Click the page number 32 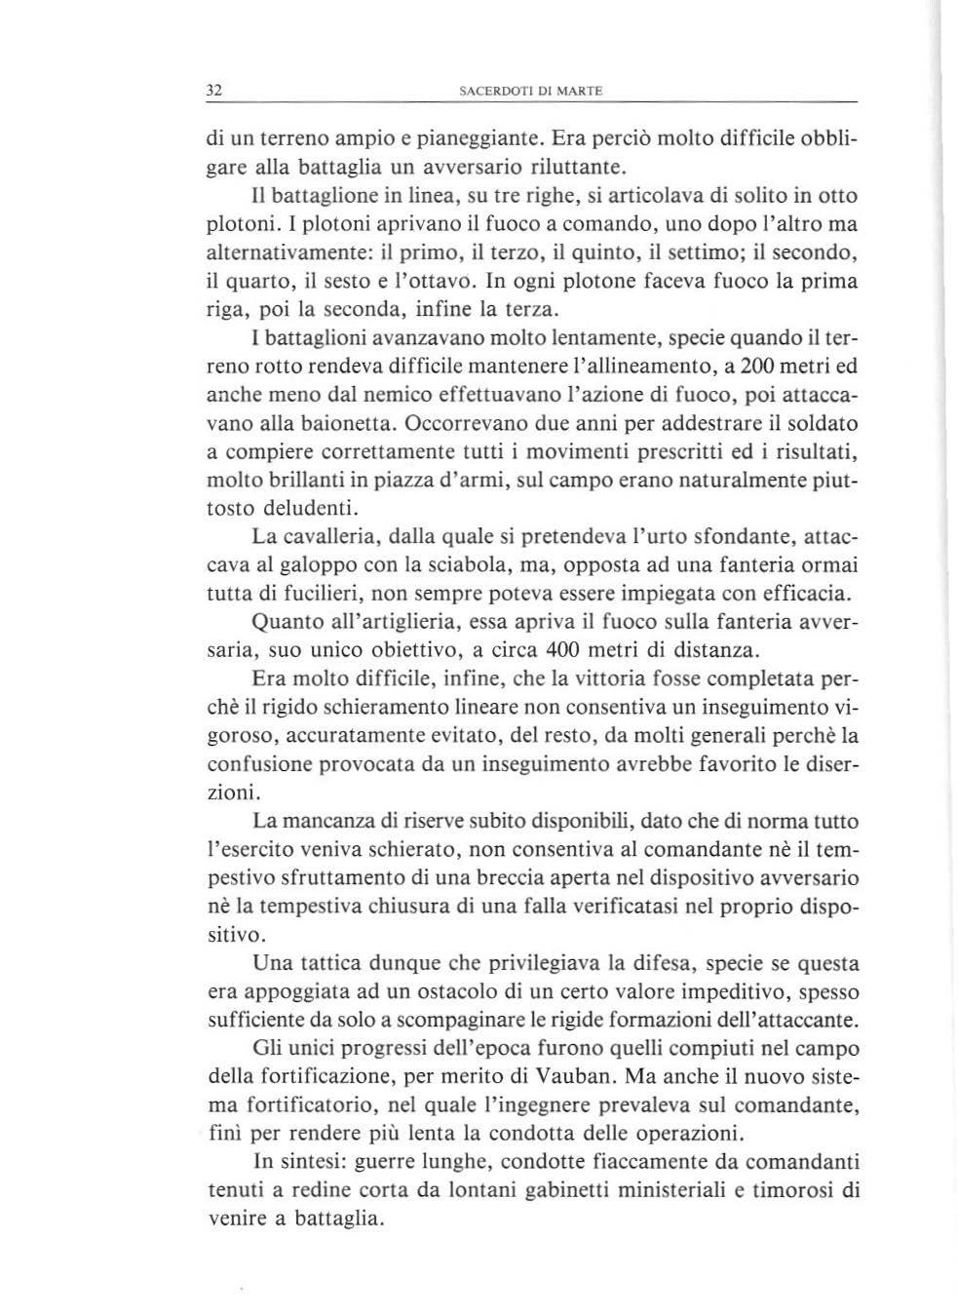click(x=215, y=91)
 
